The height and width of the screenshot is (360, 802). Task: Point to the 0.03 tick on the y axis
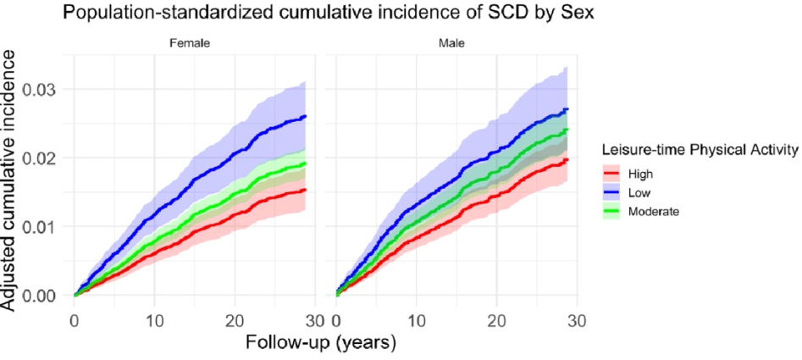click(45, 90)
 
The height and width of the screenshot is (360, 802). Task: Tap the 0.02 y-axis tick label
click(45, 158)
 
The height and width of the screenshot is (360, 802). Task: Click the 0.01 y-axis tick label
click(45, 227)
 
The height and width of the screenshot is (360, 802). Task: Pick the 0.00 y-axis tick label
click(45, 296)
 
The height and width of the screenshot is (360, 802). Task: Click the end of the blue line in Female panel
click(305, 116)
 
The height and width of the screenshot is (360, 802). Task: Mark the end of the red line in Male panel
click(567, 159)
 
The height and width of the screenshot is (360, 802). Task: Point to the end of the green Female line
click(305, 163)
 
